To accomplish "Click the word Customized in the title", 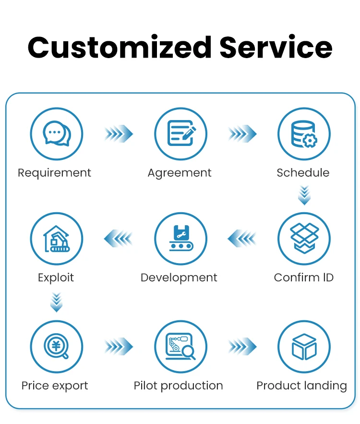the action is pyautogui.click(x=120, y=48).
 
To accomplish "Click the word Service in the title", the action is pyautogui.click(x=276, y=47).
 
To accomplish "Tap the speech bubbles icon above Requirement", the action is pyautogui.click(x=57, y=133).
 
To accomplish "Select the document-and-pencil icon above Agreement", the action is pyautogui.click(x=181, y=133).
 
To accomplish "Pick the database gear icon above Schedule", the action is pyautogui.click(x=304, y=134).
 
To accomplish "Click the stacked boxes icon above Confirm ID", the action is pyautogui.click(x=304, y=238).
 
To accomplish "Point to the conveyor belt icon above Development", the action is pyautogui.click(x=181, y=238).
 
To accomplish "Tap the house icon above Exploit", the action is pyautogui.click(x=57, y=239).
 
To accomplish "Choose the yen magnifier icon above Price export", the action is pyautogui.click(x=56, y=346).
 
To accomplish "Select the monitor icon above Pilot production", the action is pyautogui.click(x=180, y=346).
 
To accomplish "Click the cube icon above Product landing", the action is pyautogui.click(x=304, y=347).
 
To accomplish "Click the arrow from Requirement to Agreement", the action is pyautogui.click(x=119, y=133).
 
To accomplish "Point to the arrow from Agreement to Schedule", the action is pyautogui.click(x=242, y=133).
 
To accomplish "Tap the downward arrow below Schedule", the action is pyautogui.click(x=304, y=195).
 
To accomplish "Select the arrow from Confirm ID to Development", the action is pyautogui.click(x=242, y=238).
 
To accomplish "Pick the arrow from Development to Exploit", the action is pyautogui.click(x=119, y=238).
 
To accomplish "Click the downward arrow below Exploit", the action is pyautogui.click(x=57, y=302).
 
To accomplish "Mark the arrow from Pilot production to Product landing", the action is pyautogui.click(x=242, y=346).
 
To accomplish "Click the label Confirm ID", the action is pyautogui.click(x=304, y=278).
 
